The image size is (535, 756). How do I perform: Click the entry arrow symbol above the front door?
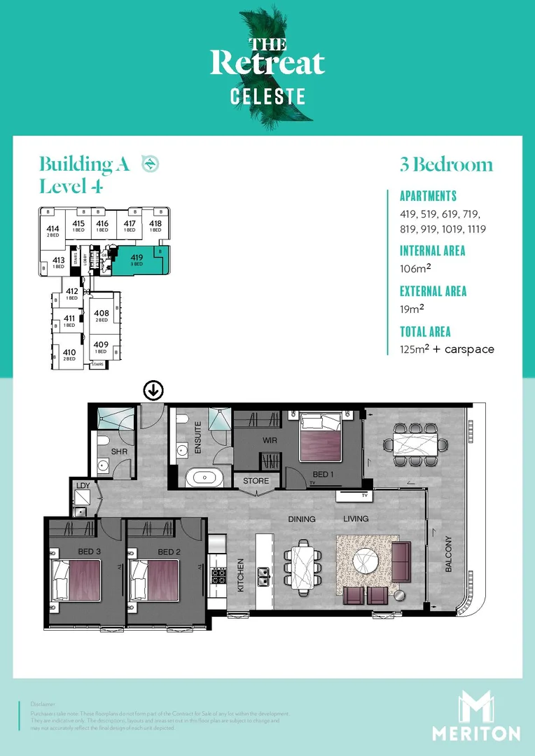coord(153,391)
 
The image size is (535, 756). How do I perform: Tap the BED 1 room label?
coord(323,475)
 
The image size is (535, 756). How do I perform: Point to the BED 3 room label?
coord(88,552)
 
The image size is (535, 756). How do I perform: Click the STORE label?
coord(256,482)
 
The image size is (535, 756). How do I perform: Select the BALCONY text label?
coord(449,554)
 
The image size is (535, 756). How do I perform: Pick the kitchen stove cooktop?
coord(218,576)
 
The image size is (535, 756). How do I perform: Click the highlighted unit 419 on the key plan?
coord(137,260)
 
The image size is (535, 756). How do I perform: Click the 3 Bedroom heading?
coord(446,165)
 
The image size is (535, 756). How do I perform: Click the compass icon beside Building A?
coord(150,164)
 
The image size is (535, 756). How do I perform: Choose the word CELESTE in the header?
coord(268,97)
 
